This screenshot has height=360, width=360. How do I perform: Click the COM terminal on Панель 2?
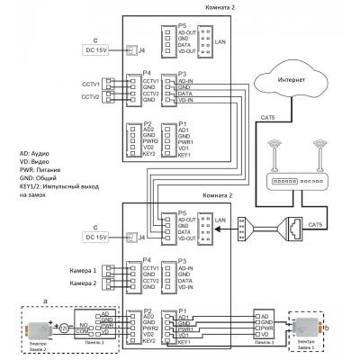tap(83, 330)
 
